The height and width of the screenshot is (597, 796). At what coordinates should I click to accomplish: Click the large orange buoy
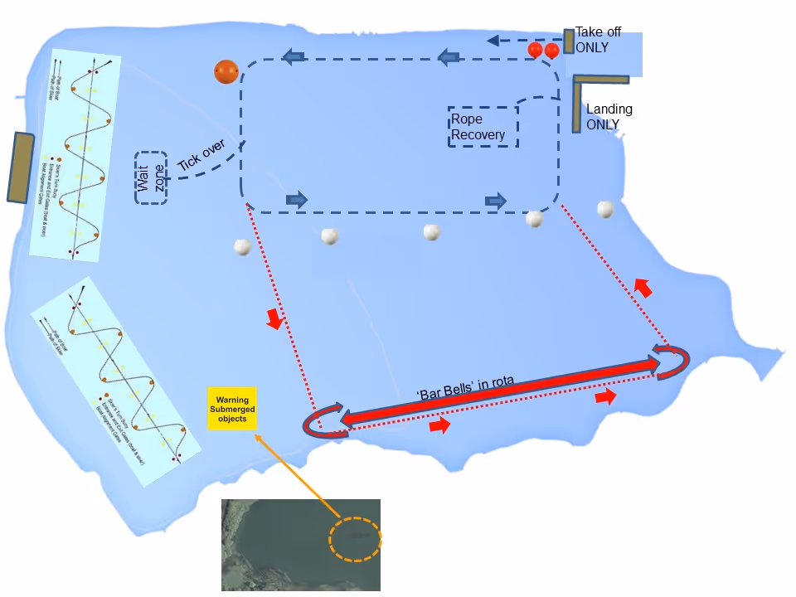pos(226,72)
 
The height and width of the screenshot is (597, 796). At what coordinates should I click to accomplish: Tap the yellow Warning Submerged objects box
pos(231,408)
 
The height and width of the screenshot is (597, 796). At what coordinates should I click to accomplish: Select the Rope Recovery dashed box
pos(483,127)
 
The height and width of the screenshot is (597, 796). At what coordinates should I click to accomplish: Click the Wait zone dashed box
pos(151,177)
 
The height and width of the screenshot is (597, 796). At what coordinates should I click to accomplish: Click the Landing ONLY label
pos(609,116)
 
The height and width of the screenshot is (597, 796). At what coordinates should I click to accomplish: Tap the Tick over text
pos(201,157)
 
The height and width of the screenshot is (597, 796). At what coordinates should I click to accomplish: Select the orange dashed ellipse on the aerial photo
pos(355,540)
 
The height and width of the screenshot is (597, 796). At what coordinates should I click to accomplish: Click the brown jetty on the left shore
pos(21,167)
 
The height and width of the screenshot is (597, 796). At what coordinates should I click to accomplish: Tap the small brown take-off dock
pos(569,41)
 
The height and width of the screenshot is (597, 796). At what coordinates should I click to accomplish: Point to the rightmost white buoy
pos(606,210)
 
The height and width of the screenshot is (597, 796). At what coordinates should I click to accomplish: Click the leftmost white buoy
pos(242,247)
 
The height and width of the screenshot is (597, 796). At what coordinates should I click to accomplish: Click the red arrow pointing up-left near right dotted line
pos(643,288)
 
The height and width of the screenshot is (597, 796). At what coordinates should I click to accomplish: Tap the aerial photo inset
pos(300,545)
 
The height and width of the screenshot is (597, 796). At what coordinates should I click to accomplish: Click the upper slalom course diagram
pos(75,157)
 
